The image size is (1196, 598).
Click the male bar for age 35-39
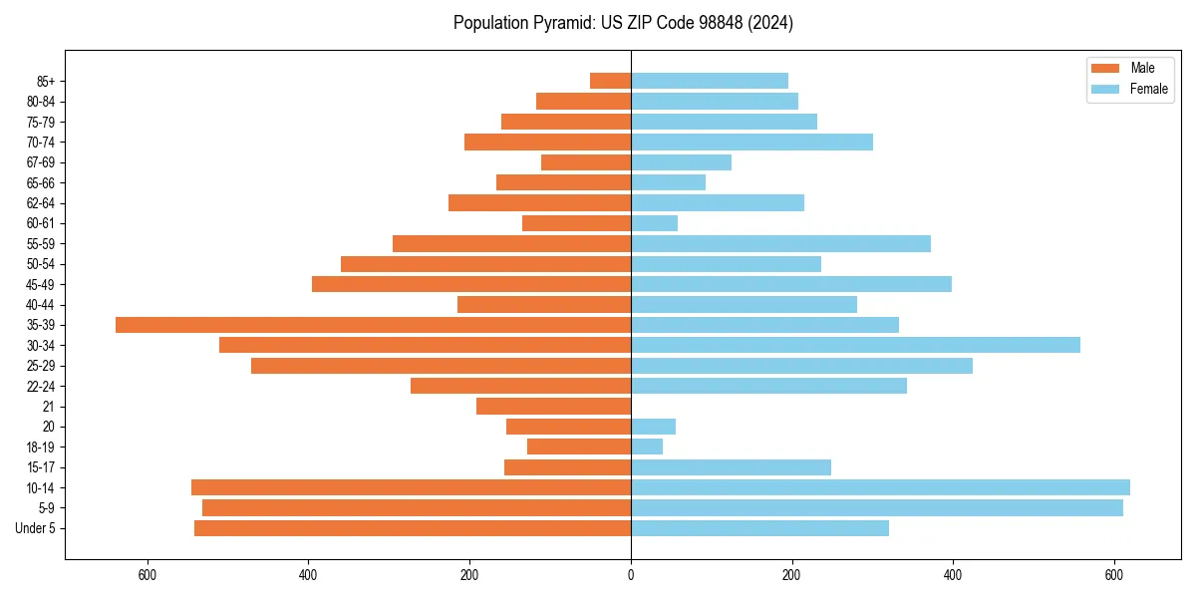(x=374, y=325)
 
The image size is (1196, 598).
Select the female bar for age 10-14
(x=880, y=487)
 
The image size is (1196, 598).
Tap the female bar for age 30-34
(x=855, y=345)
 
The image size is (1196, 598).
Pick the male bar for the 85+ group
(x=610, y=81)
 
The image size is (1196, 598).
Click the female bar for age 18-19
(x=647, y=447)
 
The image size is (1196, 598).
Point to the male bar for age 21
(x=553, y=406)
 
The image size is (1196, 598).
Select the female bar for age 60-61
(x=654, y=223)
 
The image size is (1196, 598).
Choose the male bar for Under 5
(x=413, y=528)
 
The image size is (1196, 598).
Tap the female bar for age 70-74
(x=751, y=142)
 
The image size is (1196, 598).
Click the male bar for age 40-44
(x=544, y=304)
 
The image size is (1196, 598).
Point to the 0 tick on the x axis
(x=631, y=575)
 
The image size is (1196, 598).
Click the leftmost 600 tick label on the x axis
(x=148, y=575)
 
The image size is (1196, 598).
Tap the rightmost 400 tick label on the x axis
(x=953, y=575)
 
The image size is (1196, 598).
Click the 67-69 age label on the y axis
(x=41, y=162)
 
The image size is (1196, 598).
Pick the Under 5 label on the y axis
(x=36, y=528)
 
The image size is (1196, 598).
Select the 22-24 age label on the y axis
(x=41, y=386)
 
